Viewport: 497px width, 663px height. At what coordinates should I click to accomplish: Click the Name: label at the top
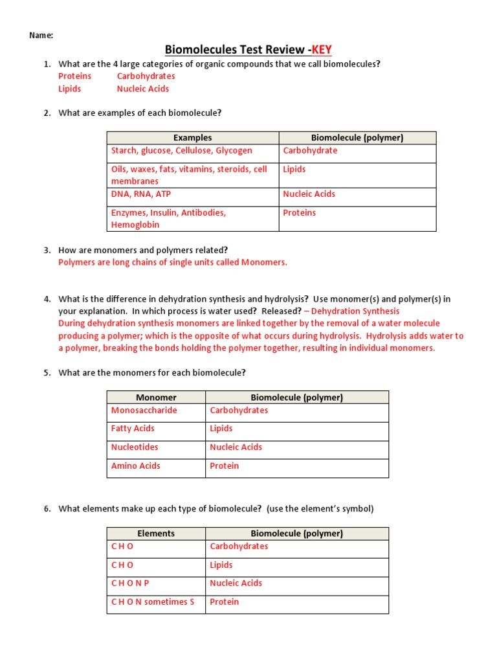point(41,35)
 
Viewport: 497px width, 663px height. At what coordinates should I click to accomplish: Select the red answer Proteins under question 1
point(75,76)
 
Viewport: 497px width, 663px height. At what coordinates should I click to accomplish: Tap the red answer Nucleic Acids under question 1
point(143,89)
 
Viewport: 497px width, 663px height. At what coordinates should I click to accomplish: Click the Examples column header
point(192,138)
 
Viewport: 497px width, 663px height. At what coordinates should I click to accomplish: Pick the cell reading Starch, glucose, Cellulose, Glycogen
point(182,151)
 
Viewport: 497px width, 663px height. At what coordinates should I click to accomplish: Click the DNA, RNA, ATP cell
point(141,194)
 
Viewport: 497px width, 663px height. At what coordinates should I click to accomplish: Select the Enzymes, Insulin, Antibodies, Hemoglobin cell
point(168,219)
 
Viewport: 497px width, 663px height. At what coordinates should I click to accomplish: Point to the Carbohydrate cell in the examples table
point(310,151)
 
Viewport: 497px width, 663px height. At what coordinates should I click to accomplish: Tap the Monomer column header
point(156,398)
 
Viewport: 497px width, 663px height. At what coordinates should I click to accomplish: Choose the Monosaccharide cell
point(144,410)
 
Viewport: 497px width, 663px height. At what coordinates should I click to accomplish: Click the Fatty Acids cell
point(133,429)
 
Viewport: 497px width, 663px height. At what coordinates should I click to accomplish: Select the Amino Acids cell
point(135,466)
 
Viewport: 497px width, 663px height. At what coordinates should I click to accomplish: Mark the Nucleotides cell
point(135,447)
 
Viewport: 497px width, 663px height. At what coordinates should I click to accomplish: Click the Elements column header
point(156,534)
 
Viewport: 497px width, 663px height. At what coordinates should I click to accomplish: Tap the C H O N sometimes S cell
point(153,602)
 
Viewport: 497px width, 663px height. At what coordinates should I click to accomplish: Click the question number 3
point(47,250)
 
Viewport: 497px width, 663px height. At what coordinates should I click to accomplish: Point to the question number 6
point(47,509)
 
